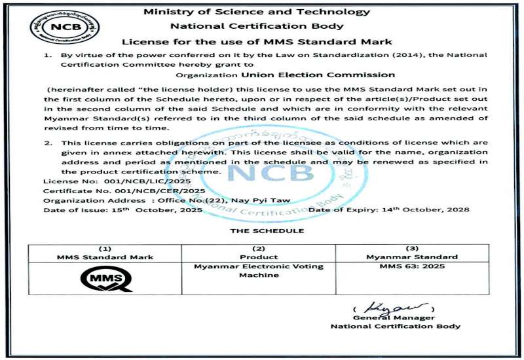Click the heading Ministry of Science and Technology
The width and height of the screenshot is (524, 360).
257,12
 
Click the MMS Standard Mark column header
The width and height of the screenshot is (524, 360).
105,257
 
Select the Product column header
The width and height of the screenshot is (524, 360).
257,257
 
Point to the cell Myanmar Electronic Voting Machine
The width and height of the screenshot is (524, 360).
257,271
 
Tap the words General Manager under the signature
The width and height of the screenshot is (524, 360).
394,317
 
